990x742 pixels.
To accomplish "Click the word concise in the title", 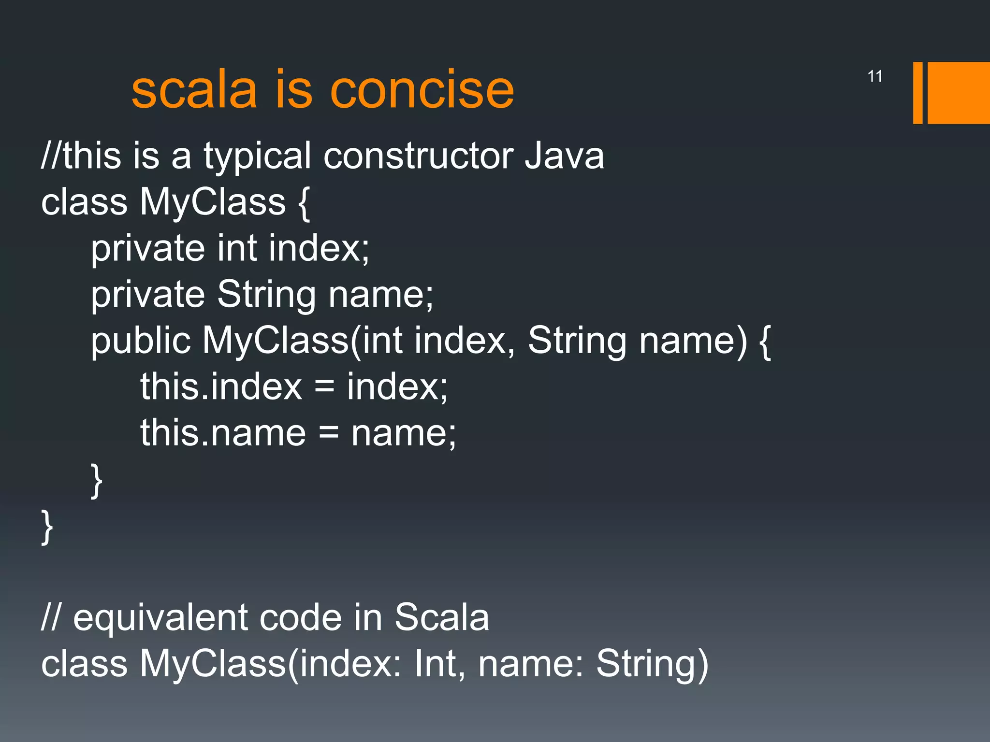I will coord(422,90).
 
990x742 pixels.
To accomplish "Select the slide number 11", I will coord(875,76).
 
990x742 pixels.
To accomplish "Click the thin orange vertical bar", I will coord(917,93).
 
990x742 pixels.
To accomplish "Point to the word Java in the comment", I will coord(565,157).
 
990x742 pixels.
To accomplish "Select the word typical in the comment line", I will coord(257,157).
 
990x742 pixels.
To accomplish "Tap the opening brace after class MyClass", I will coord(304,203).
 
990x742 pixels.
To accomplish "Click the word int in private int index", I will coord(237,248).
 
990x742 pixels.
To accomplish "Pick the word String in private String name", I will coord(266,295).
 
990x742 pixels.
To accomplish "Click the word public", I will coord(141,341).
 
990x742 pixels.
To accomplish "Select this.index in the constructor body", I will coord(221,387).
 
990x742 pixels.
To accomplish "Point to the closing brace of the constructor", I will coord(97,480).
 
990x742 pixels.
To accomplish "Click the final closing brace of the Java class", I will coord(47,527).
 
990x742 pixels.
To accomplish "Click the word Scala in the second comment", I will coord(441,618).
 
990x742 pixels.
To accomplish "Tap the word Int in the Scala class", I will coord(435,664).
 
